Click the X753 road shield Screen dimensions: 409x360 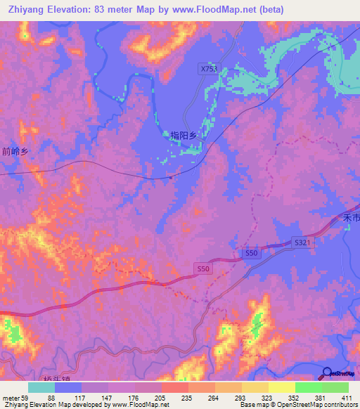point(209,69)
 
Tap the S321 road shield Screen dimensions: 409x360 point(302,242)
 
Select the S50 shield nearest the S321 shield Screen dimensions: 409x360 point(252,252)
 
